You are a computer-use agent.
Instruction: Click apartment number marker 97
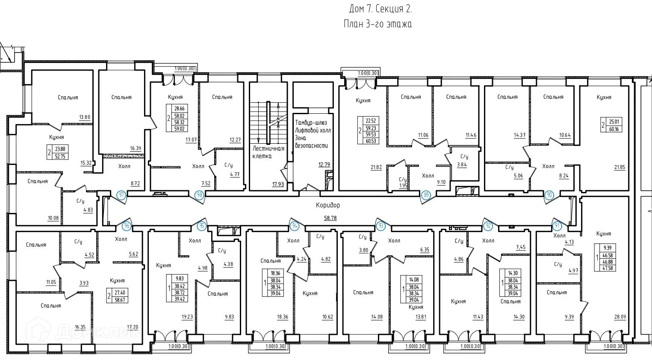122,195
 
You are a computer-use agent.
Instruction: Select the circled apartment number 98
199,195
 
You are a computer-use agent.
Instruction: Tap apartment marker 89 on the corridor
426,195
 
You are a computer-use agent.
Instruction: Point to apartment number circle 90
549,195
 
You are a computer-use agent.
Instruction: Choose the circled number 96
127,226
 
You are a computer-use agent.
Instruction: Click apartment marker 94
295,226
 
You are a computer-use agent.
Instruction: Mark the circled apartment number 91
557,226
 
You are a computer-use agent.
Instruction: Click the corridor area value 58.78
330,218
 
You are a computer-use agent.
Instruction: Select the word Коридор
328,205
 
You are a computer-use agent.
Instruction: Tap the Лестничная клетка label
268,152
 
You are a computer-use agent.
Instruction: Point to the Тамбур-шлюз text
311,123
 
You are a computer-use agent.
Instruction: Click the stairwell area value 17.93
278,184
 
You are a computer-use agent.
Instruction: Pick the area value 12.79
324,165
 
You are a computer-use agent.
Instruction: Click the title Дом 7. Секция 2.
381,9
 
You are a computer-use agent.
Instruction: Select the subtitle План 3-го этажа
378,24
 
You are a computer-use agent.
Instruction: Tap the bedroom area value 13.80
85,117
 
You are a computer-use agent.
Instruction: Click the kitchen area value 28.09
620,317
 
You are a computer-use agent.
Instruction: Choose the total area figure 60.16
614,129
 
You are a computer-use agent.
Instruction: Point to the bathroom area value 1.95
403,186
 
